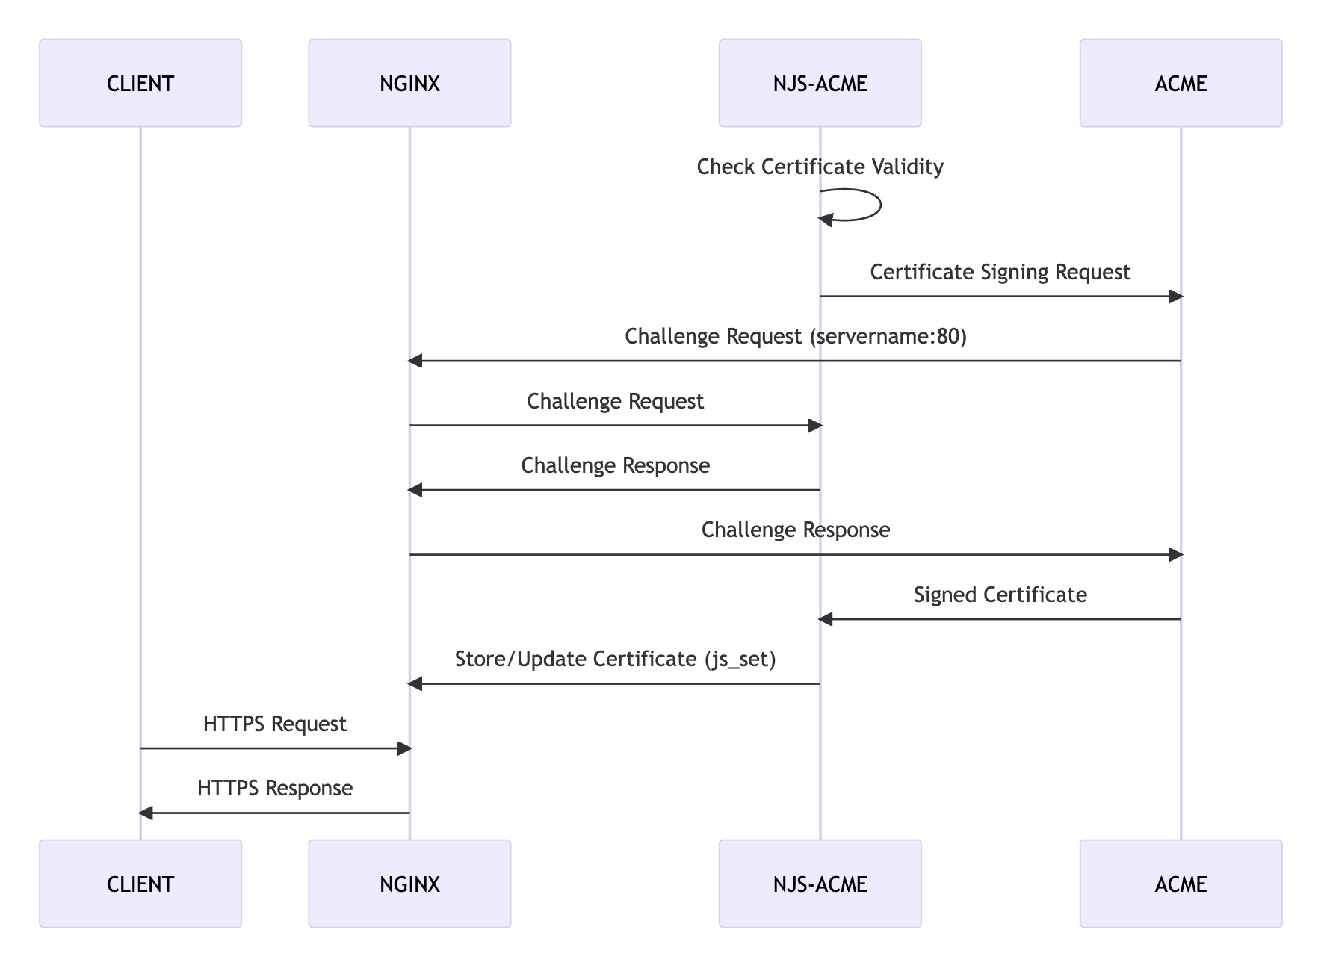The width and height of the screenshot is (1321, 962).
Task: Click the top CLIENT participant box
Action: [x=140, y=83]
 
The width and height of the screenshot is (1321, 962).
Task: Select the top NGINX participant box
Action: [x=409, y=83]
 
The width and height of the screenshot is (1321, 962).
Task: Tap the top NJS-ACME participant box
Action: [x=820, y=83]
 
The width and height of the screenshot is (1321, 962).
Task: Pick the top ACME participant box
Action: [x=1181, y=83]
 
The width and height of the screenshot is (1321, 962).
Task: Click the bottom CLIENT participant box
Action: [x=140, y=884]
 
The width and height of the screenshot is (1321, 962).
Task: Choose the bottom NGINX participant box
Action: [x=409, y=884]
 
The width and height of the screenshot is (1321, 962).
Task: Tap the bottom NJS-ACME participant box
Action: [x=820, y=884]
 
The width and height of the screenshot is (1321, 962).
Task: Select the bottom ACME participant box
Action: [x=1181, y=884]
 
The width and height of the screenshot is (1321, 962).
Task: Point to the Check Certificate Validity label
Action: [x=820, y=167]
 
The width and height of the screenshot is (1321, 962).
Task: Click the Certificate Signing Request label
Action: [x=1000, y=272]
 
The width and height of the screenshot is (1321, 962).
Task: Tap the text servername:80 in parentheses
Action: [x=888, y=337]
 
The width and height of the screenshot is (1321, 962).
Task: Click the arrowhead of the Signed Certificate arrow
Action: [x=826, y=619]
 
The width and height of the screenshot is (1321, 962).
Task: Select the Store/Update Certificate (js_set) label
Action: [x=615, y=660]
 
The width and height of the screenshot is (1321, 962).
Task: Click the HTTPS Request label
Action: [x=274, y=724]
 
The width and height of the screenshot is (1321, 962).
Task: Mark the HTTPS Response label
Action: [x=274, y=789]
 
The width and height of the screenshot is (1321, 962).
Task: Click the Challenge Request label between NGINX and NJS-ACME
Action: [x=615, y=401]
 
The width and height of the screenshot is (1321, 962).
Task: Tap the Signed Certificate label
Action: [x=1000, y=595]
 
